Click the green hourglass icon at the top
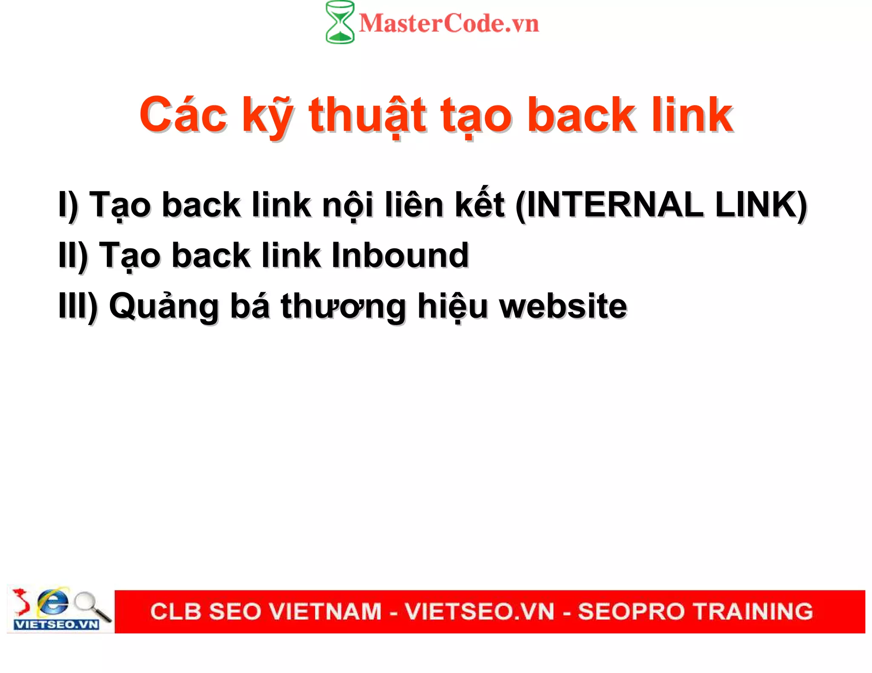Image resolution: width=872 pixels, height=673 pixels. point(340,22)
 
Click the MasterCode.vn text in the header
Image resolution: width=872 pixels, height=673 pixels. point(449,23)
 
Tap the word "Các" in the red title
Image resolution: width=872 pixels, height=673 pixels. point(184,115)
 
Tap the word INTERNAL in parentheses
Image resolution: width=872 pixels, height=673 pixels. point(615,205)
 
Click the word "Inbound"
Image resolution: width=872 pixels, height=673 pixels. point(400,255)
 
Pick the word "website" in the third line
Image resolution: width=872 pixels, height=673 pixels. point(563,306)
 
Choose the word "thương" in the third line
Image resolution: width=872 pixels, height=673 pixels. point(343,306)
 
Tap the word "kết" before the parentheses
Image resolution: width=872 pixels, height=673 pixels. point(480,204)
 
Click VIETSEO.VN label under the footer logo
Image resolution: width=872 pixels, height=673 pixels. point(56,625)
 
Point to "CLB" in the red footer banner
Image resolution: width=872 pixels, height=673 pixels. point(175,611)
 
